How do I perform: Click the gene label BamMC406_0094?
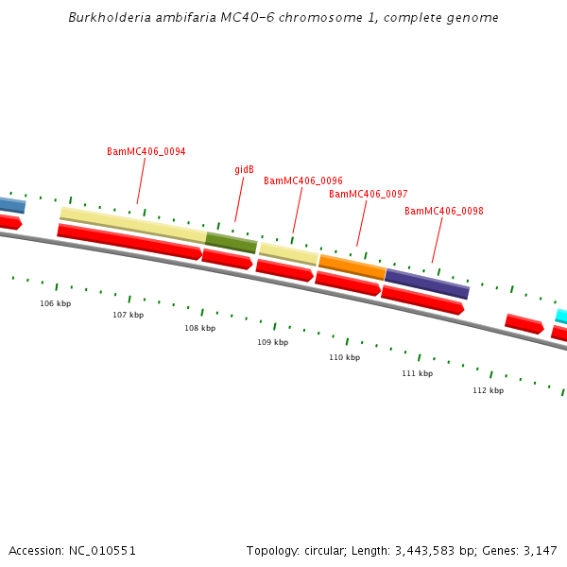(146, 151)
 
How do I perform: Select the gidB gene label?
(244, 170)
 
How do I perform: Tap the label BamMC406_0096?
(302, 180)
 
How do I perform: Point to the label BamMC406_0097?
(368, 194)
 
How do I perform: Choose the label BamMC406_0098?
(443, 211)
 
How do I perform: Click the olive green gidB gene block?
(232, 243)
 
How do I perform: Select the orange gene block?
(352, 266)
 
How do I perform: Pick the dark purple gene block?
(426, 283)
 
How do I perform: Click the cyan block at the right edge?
(561, 316)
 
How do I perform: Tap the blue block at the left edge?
(11, 205)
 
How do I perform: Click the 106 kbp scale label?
(55, 304)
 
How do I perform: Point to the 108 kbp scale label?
(199, 329)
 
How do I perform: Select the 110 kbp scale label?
(344, 358)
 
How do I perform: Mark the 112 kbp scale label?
(488, 390)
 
